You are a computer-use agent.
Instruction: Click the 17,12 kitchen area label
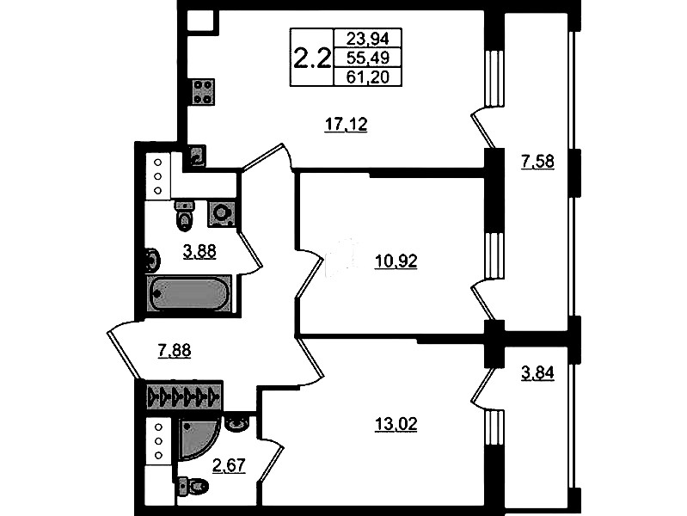[x=346, y=125]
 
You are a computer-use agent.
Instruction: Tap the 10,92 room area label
[x=396, y=261]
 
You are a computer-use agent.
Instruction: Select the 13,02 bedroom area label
[x=396, y=424]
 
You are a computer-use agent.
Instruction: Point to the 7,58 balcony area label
[x=537, y=162]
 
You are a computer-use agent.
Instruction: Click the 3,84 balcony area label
[x=537, y=373]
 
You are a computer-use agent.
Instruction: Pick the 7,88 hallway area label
[x=174, y=351]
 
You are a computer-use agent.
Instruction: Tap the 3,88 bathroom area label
[x=199, y=252]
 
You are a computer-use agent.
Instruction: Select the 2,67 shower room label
[x=229, y=465]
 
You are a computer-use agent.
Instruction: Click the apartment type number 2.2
[x=311, y=58]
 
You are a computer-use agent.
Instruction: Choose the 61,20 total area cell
[x=367, y=77]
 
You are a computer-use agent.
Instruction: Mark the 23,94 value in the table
[x=367, y=39]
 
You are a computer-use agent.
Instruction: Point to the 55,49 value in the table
[x=367, y=58]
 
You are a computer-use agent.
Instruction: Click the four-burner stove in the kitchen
[x=203, y=92]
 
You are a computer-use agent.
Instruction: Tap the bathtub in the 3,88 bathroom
[x=189, y=293]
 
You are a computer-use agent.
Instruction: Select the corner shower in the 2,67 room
[x=199, y=439]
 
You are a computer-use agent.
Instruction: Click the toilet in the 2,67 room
[x=193, y=486]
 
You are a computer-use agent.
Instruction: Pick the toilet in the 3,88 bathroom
[x=185, y=216]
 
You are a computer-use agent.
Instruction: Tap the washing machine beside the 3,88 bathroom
[x=222, y=213]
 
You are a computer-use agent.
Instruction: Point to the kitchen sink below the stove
[x=197, y=156]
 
